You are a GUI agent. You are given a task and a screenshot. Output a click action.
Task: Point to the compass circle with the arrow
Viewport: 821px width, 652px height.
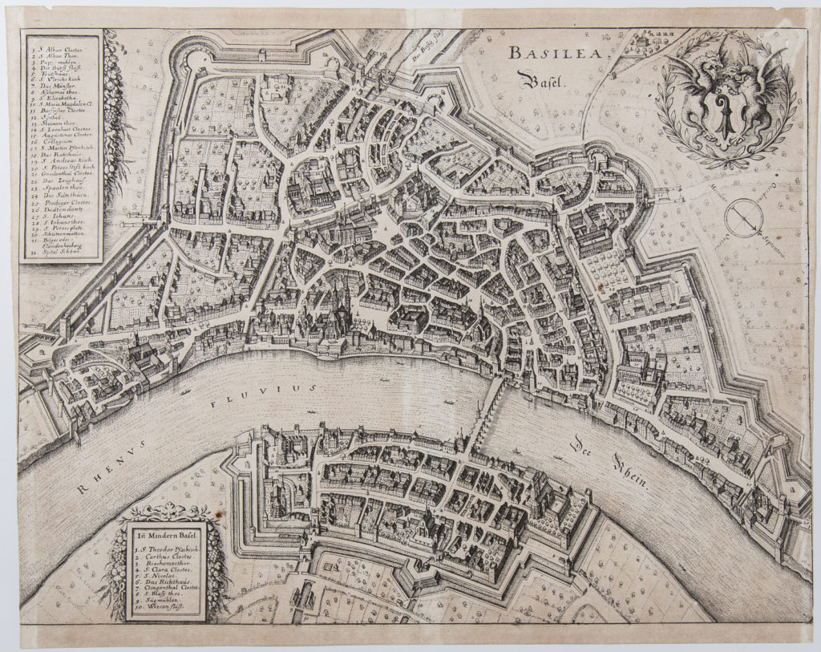742,217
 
